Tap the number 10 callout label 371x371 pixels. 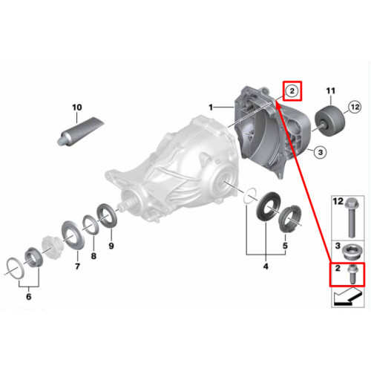coord(77,108)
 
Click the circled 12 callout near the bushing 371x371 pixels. coord(355,107)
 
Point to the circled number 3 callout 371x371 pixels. coord(321,152)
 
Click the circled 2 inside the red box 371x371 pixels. coord(292,91)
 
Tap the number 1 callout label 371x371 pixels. coord(211,108)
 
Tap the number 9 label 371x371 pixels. coord(111,246)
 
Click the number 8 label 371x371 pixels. coord(93,256)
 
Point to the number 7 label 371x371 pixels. coord(77,266)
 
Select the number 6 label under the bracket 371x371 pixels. coord(29,296)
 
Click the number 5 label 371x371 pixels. coord(285,246)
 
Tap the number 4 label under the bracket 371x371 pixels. coord(266,266)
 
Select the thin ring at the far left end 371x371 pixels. coord(16,269)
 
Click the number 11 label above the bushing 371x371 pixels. coord(331,91)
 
